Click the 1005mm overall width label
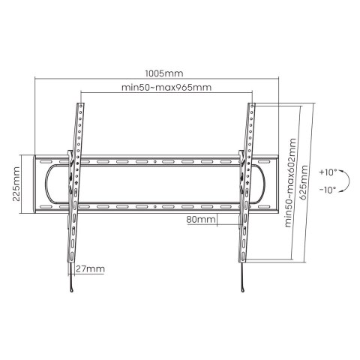coord(163,73)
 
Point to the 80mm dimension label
coord(201,220)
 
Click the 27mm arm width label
coord(90,268)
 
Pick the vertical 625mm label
coord(302,184)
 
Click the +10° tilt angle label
coord(328,171)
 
